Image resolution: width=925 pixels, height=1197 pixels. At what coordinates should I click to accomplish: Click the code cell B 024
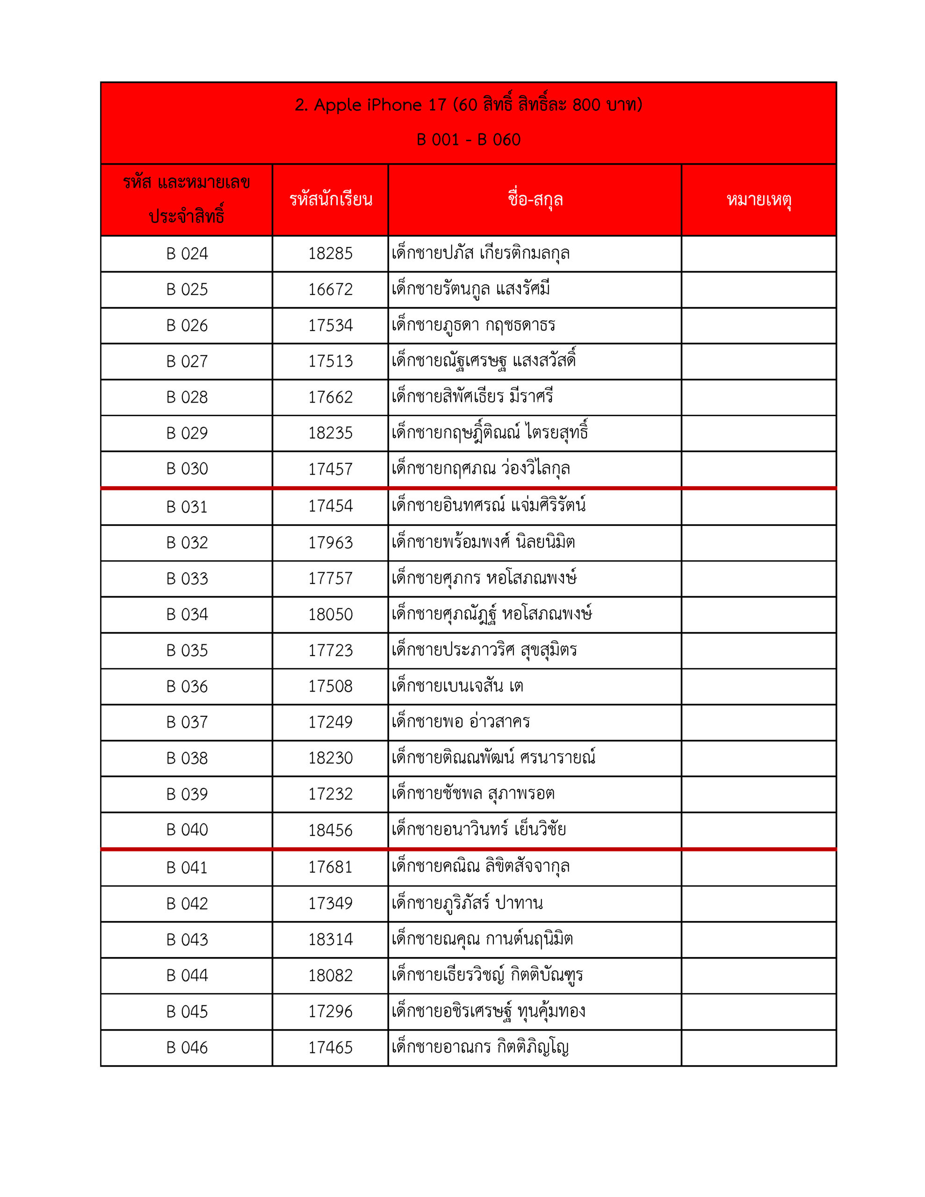pos(187,254)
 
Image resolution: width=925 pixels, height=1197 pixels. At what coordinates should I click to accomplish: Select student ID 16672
pos(330,289)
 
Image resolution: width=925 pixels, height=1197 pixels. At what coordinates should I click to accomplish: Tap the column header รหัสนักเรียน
pos(331,200)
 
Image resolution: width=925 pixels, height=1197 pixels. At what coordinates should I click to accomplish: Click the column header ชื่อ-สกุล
pos(535,200)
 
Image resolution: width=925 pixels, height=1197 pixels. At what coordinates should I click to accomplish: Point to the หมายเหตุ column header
pos(759,200)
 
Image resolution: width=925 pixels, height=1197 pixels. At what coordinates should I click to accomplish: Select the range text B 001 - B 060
pos(468,140)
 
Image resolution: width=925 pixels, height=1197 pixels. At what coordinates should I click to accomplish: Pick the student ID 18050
pos(330,614)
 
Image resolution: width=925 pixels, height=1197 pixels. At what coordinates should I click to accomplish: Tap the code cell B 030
pos(187,469)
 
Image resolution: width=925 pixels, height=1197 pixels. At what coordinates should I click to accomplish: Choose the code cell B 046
pos(187,1047)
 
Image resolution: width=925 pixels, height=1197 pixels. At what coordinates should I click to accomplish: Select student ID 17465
pos(330,1047)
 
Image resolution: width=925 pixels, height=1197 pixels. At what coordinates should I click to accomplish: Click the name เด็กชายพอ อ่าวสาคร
pos(461,722)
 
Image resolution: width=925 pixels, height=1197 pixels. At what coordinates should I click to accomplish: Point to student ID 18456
pos(330,830)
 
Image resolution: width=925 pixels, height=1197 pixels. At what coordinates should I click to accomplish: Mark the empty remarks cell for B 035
pos(759,650)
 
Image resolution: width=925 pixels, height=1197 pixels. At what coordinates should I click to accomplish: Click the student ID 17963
pos(330,542)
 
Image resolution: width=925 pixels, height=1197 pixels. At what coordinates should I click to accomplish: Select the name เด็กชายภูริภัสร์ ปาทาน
pos(467,903)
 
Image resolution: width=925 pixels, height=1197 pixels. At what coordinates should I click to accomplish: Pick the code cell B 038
pos(187,758)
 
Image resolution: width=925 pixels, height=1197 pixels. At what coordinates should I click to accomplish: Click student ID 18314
pos(330,939)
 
